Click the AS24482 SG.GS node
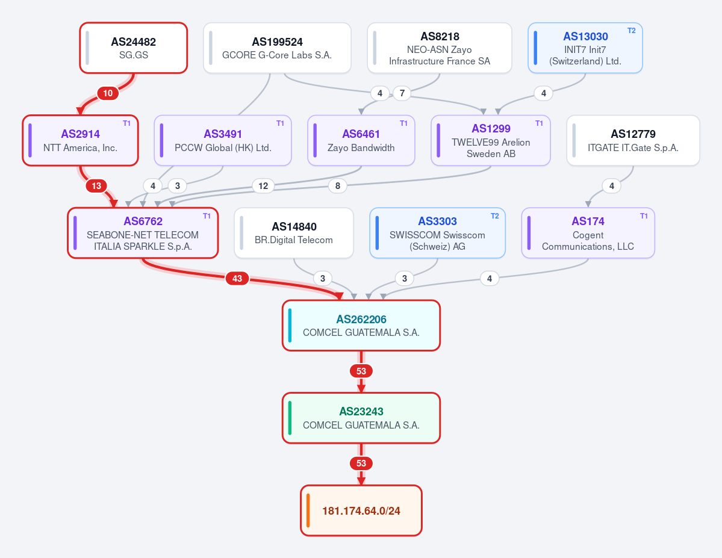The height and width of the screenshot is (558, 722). tap(134, 48)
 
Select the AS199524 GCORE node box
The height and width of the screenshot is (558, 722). tap(277, 48)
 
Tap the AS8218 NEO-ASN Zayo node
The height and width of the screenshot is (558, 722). tap(439, 48)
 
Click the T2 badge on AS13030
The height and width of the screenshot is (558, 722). tap(631, 31)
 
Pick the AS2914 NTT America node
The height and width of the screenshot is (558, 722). tap(80, 140)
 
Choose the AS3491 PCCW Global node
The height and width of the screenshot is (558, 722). tap(223, 140)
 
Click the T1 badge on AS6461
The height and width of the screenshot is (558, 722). tap(403, 123)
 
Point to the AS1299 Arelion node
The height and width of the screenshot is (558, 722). tap(491, 140)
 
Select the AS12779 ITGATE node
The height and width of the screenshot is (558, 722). tap(633, 140)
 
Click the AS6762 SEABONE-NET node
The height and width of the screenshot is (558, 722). tap(143, 233)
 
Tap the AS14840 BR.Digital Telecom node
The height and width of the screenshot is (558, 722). tap(294, 233)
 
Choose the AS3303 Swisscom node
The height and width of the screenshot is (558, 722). tap(437, 233)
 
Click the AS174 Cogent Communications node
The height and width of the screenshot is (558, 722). tap(588, 233)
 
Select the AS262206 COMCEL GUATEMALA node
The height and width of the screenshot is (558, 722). tap(361, 326)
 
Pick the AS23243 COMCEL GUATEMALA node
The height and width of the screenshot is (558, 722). tap(361, 418)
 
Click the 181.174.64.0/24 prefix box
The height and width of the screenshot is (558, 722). tap(361, 510)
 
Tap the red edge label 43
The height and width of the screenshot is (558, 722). tap(237, 279)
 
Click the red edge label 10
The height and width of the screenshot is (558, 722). tap(108, 93)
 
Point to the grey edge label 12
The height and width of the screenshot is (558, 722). tap(263, 186)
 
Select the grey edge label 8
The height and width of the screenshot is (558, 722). tap(338, 186)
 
